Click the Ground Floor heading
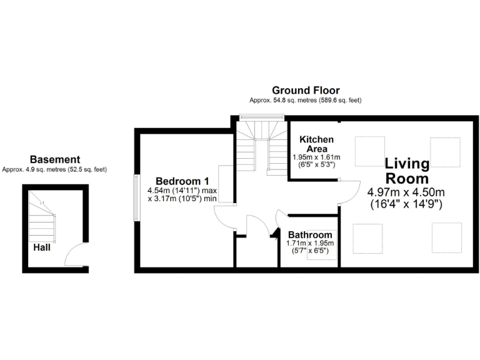coord(306,91)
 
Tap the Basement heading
coord(55,160)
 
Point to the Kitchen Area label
coord(316,144)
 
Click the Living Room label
coord(407,171)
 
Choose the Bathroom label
coord(310,235)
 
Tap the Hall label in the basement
coord(42,247)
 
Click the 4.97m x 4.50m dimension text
coord(406,192)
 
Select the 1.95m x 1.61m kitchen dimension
coord(316,157)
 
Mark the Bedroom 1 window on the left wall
coord(136,197)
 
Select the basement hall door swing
coord(73,253)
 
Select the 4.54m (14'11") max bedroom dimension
coord(182,190)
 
